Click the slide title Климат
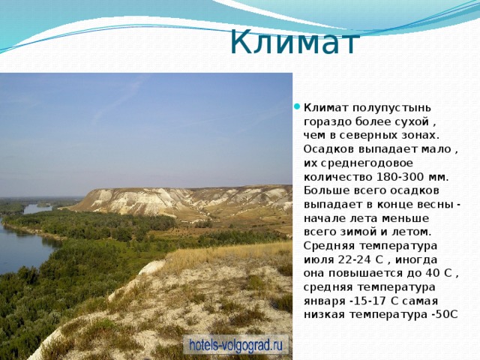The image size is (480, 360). click(295, 41)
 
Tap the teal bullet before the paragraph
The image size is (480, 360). click(298, 104)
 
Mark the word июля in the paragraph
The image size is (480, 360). click(318, 259)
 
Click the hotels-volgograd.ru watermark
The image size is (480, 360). click(236, 345)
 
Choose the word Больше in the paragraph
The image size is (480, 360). click(325, 190)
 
